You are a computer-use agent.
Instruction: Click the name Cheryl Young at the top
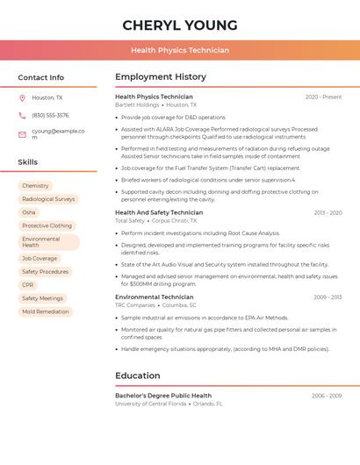point(180,25)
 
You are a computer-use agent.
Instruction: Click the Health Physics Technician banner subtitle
point(180,50)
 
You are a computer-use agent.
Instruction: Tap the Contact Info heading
point(41,77)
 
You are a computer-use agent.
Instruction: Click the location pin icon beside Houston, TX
point(22,98)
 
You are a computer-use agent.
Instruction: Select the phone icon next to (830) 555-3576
point(22,116)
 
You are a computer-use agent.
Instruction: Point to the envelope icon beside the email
point(22,134)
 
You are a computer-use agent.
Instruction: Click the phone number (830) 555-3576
point(50,116)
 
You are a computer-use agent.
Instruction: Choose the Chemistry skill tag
point(35,186)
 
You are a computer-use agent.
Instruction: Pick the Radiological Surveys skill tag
point(48,199)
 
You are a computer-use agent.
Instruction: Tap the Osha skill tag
point(29,212)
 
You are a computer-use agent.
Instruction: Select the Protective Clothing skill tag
point(47,225)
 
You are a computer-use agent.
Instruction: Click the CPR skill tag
point(28,285)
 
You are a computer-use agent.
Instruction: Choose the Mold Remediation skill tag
point(46,311)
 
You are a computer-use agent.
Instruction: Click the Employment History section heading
point(161,77)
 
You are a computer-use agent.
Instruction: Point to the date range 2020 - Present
point(323,97)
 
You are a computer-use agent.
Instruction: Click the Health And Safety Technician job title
point(159,212)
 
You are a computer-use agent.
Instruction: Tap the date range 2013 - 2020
point(328,212)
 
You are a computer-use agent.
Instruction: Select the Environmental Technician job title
point(155,297)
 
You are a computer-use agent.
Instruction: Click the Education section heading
point(138,376)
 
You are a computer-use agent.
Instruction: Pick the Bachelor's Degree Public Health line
point(163,396)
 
